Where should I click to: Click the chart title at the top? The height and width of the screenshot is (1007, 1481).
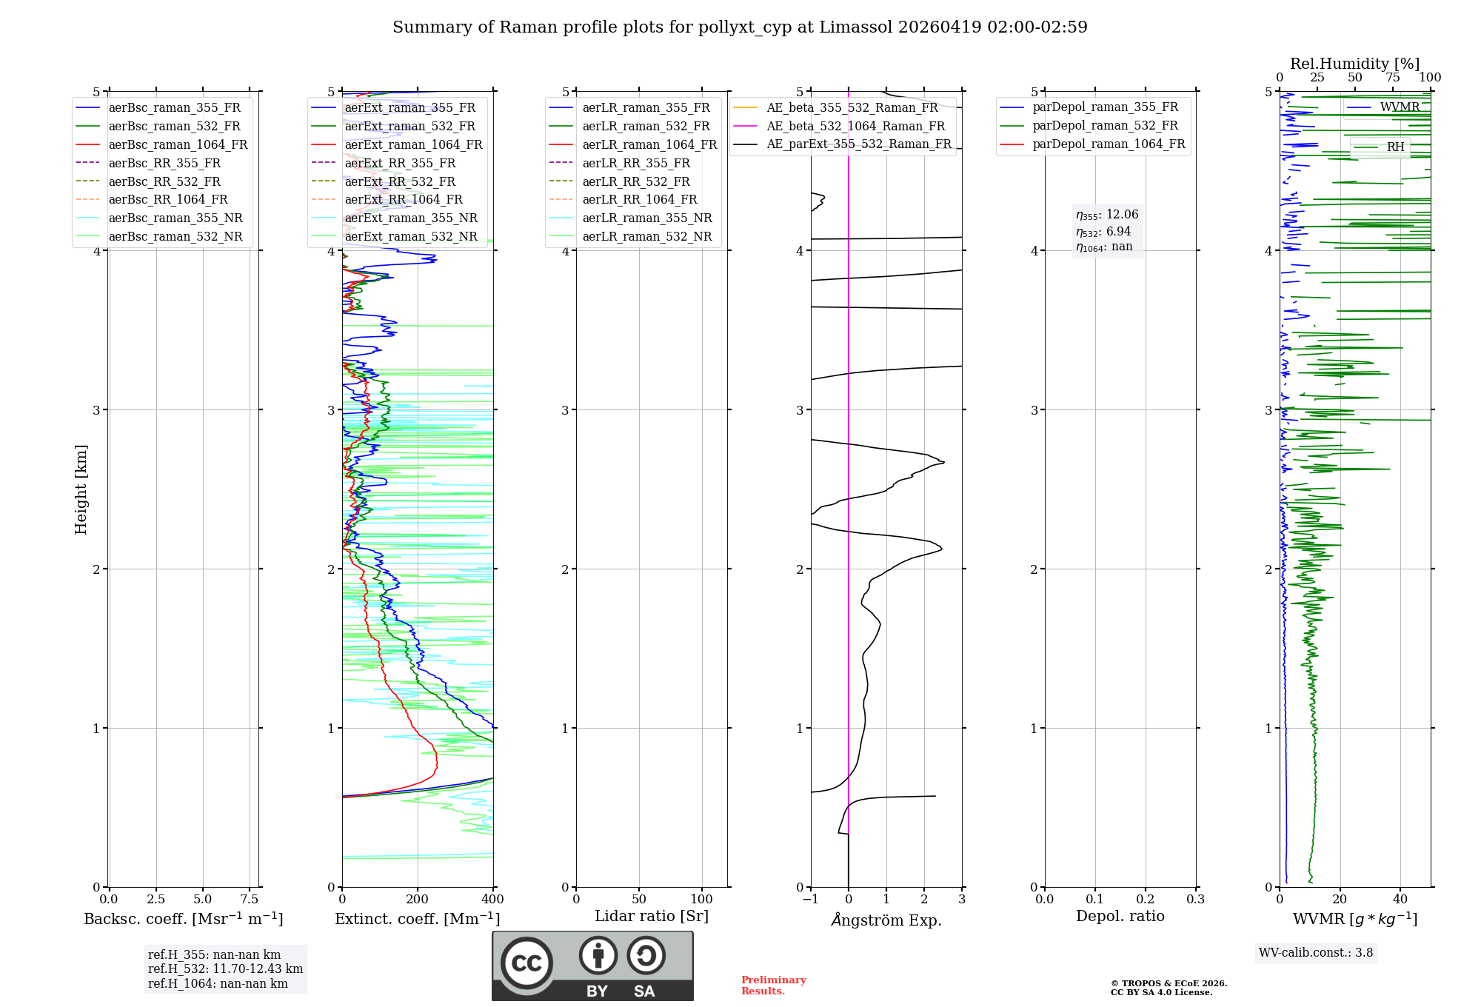click(740, 27)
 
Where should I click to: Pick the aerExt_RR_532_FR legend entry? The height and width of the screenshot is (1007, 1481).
click(400, 181)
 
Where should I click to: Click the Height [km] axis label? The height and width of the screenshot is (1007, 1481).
click(81, 489)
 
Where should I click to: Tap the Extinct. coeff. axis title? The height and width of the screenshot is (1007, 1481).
click(417, 919)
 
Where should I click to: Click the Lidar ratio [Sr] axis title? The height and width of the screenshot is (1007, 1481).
click(652, 916)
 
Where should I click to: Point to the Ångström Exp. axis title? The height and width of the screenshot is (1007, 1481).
click(886, 920)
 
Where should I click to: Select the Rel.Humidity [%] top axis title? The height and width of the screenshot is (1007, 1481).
click(1354, 64)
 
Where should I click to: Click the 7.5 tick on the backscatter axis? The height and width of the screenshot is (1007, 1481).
click(250, 899)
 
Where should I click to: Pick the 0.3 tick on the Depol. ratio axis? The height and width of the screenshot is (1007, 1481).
click(1195, 899)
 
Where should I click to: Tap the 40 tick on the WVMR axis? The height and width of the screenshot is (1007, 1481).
click(1400, 899)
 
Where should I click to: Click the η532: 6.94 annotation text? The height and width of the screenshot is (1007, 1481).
click(1103, 231)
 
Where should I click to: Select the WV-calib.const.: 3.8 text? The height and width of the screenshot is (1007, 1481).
click(1316, 953)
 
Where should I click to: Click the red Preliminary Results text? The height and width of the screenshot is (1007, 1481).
click(773, 986)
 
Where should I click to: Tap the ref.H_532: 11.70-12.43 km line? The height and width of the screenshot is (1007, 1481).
click(225, 968)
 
